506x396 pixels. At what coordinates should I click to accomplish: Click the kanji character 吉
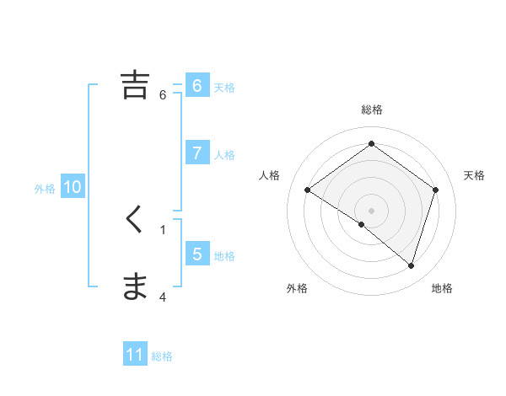(135, 85)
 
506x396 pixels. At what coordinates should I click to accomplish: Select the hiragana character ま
(135, 287)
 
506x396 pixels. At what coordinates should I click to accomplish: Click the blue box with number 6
(196, 85)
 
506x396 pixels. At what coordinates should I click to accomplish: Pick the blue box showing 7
(196, 153)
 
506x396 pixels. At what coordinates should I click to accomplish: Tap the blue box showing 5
(196, 254)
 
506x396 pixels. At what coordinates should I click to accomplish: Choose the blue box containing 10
(73, 187)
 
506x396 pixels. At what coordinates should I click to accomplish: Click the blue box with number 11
(135, 355)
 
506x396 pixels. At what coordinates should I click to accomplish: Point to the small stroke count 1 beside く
(163, 229)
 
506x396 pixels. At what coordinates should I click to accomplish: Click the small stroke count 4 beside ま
(163, 297)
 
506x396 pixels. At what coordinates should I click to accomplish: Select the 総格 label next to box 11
(162, 356)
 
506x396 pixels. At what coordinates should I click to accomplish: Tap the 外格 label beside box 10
(45, 189)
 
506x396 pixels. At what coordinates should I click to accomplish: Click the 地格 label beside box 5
(224, 255)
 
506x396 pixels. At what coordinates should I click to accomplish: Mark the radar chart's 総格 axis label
(371, 110)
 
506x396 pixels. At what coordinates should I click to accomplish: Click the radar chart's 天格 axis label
(474, 175)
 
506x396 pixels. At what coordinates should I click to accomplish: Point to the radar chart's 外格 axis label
(296, 288)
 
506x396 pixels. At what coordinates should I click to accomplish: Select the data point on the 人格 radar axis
(308, 190)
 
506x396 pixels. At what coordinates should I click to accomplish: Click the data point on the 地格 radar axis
(411, 265)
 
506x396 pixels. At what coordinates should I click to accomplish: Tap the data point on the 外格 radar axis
(361, 225)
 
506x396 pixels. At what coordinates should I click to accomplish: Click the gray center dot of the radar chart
(371, 210)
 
